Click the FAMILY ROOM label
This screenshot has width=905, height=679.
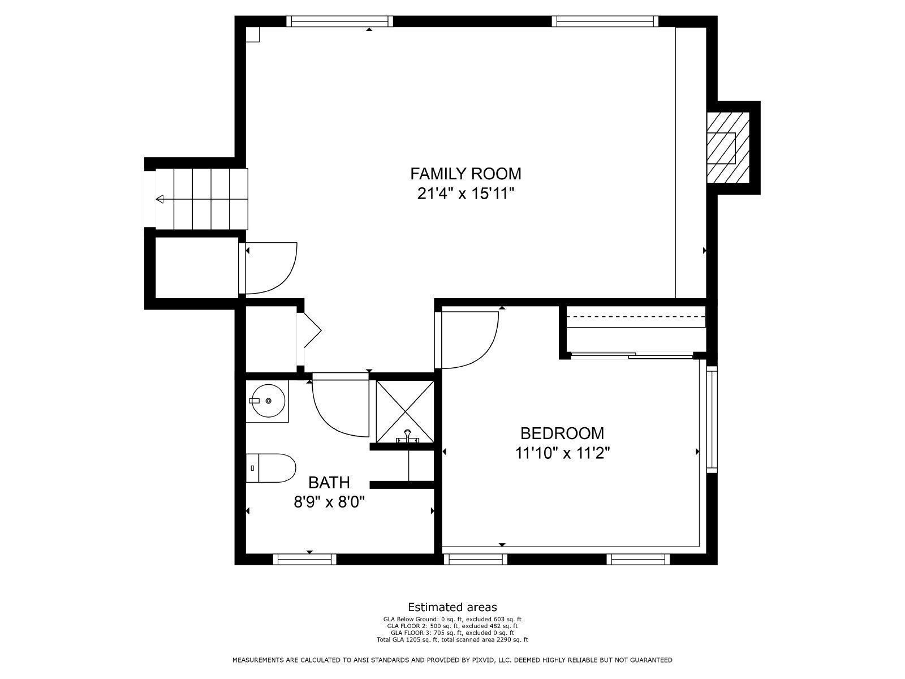[466, 174]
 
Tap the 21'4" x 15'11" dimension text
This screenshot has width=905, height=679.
[466, 194]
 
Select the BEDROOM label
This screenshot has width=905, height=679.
[562, 433]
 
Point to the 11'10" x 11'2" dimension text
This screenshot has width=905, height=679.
[562, 453]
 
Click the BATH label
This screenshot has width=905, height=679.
[329, 482]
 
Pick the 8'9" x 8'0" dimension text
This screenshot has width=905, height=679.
[329, 502]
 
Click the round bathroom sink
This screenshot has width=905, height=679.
[268, 401]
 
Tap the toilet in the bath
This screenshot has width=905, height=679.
[271, 468]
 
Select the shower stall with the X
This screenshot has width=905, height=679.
[405, 412]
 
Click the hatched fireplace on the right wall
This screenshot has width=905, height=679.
[728, 148]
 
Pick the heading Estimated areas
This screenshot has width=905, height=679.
[453, 607]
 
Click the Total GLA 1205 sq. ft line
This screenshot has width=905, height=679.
[453, 640]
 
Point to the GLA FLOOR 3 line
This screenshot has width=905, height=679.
[453, 633]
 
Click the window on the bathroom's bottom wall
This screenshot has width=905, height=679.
[305, 559]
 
